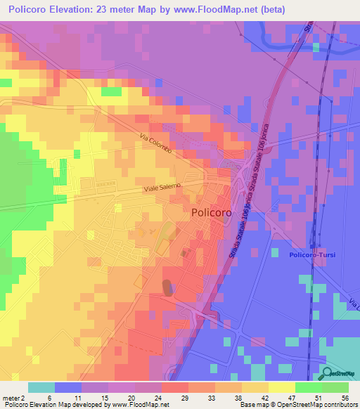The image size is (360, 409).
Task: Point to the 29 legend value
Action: tap(188, 397)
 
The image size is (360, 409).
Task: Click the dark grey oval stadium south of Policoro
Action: tap(168, 287)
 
